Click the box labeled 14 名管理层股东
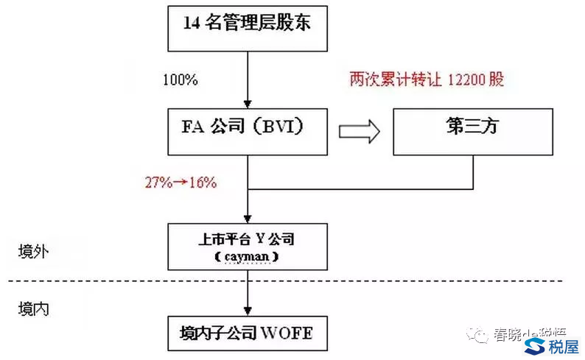pos(248,24)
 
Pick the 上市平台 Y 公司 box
pos(248,246)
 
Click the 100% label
pos(181,79)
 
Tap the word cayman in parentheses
pos(248,255)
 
